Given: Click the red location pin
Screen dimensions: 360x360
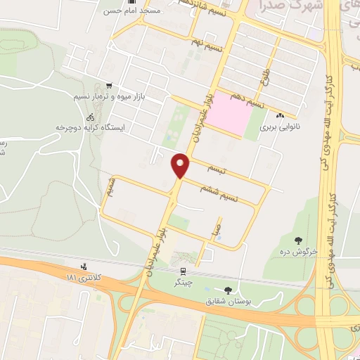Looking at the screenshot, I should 181,165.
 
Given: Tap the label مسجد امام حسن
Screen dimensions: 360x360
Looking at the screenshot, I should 143,11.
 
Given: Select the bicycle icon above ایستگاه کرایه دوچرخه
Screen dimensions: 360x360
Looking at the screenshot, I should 89,117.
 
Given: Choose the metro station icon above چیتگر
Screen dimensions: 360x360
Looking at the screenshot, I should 183,271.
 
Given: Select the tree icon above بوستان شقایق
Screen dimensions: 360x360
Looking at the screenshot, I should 227,290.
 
